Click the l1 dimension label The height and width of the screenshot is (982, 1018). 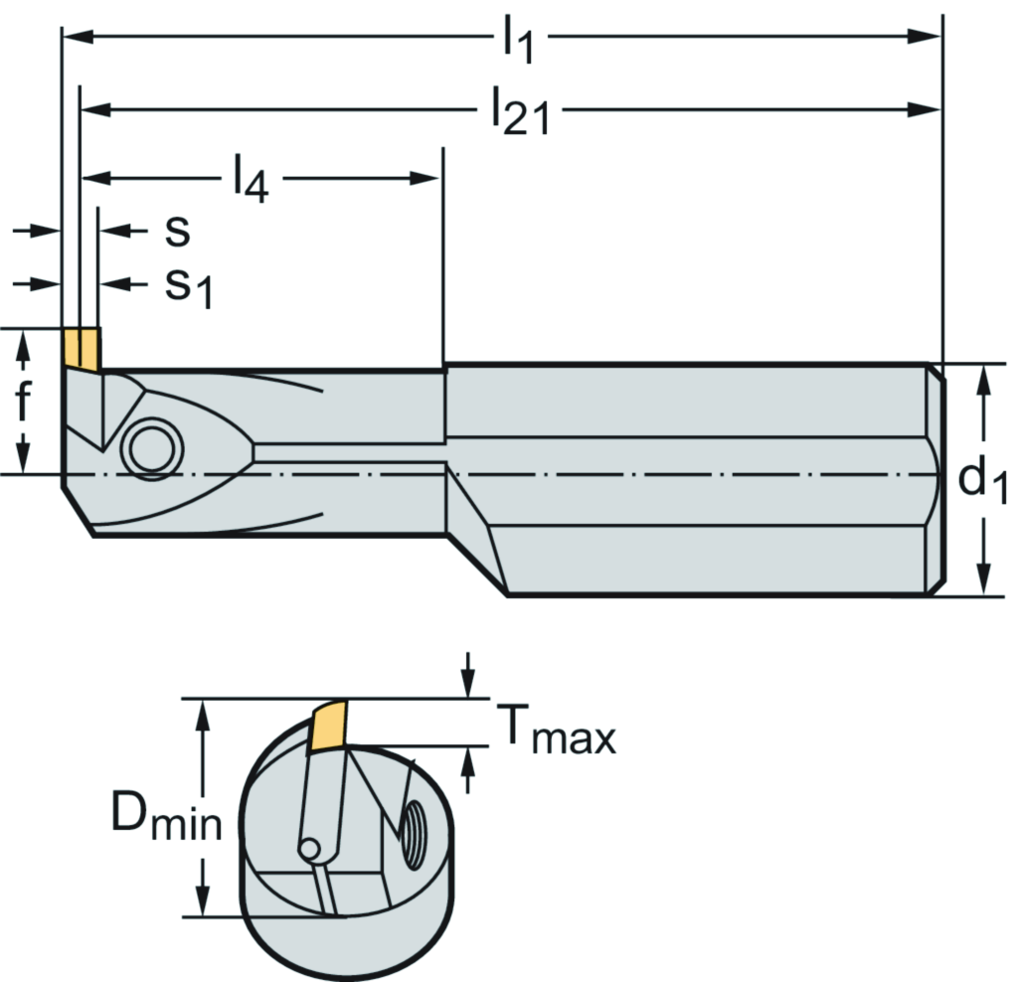click(517, 42)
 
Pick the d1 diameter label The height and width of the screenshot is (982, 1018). click(982, 481)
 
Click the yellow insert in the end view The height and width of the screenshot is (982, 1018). click(329, 726)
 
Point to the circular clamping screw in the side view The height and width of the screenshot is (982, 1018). click(152, 449)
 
